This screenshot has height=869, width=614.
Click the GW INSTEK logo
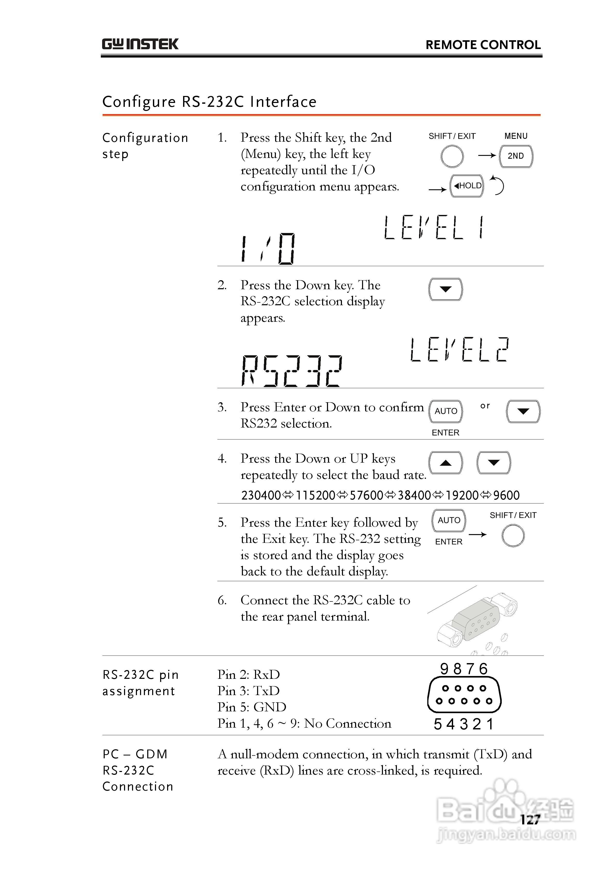pos(140,44)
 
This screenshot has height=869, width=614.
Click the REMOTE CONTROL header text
pos(483,45)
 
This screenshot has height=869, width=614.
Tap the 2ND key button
pos(516,156)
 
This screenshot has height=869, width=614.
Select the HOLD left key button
pos(467,186)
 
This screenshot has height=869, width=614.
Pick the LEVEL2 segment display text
pos(459,350)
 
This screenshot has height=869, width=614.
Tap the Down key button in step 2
pos(446,289)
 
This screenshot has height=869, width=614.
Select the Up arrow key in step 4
pos(446,463)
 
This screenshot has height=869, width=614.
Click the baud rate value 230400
pos(261,495)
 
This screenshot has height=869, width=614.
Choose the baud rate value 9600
pos(506,495)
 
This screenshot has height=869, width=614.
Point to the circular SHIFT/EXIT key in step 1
pos(452,156)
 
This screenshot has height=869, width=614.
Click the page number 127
pos(530,820)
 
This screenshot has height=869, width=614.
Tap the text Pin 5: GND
pos(252,707)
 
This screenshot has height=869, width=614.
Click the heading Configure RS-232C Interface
pos(209,102)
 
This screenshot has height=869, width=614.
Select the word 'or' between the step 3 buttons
pos(485,406)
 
